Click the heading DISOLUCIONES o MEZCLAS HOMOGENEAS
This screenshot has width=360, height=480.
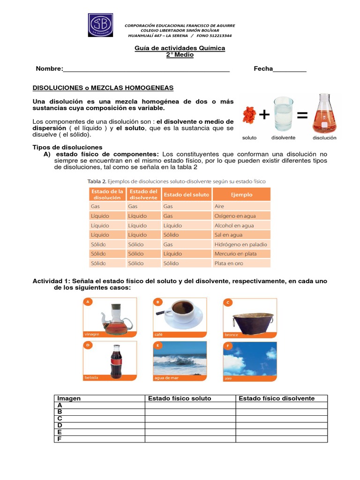click(103, 88)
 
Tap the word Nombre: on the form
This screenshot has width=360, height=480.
click(49, 69)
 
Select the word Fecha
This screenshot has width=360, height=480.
click(263, 69)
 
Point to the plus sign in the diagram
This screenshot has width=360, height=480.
click(264, 115)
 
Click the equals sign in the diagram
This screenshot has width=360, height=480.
click(302, 115)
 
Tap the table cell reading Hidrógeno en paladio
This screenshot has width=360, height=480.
click(240, 244)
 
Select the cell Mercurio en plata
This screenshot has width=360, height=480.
click(235, 254)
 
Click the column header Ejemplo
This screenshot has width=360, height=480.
click(241, 195)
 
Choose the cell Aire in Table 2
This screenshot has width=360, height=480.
click(219, 206)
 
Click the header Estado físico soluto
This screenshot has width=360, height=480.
click(180, 398)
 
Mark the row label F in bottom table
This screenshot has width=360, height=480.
click(60, 439)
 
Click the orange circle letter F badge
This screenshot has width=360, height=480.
click(228, 346)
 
